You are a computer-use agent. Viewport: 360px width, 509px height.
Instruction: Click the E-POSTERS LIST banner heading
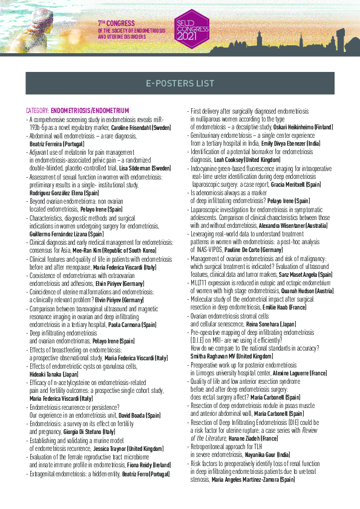click(x=180, y=83)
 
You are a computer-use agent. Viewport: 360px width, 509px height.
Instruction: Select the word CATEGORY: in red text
click(x=38, y=111)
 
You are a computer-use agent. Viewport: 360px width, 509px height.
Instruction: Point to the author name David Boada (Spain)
click(x=140, y=415)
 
